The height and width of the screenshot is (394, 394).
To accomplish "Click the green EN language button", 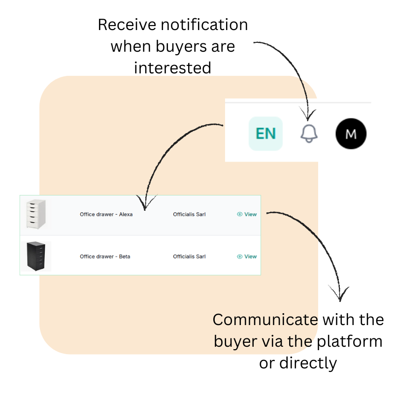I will pos(265,133).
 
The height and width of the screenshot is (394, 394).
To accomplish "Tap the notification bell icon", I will pos(309,133).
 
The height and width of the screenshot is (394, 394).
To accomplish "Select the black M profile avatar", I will pos(351,133).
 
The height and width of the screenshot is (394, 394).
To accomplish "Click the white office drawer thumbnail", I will pos(36,214).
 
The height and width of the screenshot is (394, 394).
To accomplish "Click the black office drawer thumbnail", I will pos(36,256).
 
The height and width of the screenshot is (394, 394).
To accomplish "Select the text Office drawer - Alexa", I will pos(106,214).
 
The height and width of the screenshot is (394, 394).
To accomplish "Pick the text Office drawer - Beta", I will pos(105,257).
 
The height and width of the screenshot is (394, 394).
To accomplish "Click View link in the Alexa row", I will pos(247,214).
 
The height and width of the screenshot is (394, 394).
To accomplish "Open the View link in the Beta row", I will pos(247,257).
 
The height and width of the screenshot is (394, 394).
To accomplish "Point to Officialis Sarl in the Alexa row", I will pos(189,214).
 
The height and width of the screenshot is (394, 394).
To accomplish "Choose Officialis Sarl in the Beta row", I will pos(189,257).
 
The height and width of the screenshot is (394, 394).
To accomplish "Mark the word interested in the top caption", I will pos(172,67).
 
